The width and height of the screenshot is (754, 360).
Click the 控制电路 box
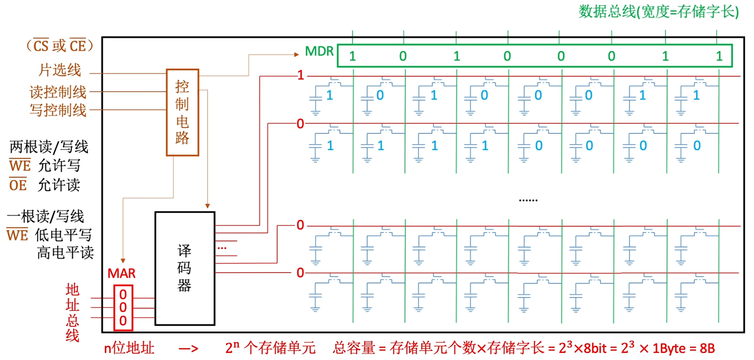tap(182, 112)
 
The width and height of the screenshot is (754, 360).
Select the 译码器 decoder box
tap(184, 268)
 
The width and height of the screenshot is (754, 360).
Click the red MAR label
tap(122, 274)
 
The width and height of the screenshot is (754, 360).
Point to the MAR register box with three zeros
tap(123, 307)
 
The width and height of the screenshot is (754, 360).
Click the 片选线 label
tap(60, 70)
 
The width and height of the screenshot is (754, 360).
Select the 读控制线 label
tap(58, 92)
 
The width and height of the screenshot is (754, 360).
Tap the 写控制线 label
tap(58, 110)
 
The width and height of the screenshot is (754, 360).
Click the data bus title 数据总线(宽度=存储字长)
tap(659, 12)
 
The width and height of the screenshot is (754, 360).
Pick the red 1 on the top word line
tap(300, 76)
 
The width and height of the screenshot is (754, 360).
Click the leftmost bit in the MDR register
tap(352, 56)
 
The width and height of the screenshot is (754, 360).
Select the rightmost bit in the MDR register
tap(719, 56)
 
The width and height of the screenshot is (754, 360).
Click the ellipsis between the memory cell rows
tap(528, 200)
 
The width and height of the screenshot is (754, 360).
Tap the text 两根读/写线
tap(49, 147)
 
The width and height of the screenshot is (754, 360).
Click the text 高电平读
tap(65, 252)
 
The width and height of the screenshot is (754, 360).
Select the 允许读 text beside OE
tap(59, 185)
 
